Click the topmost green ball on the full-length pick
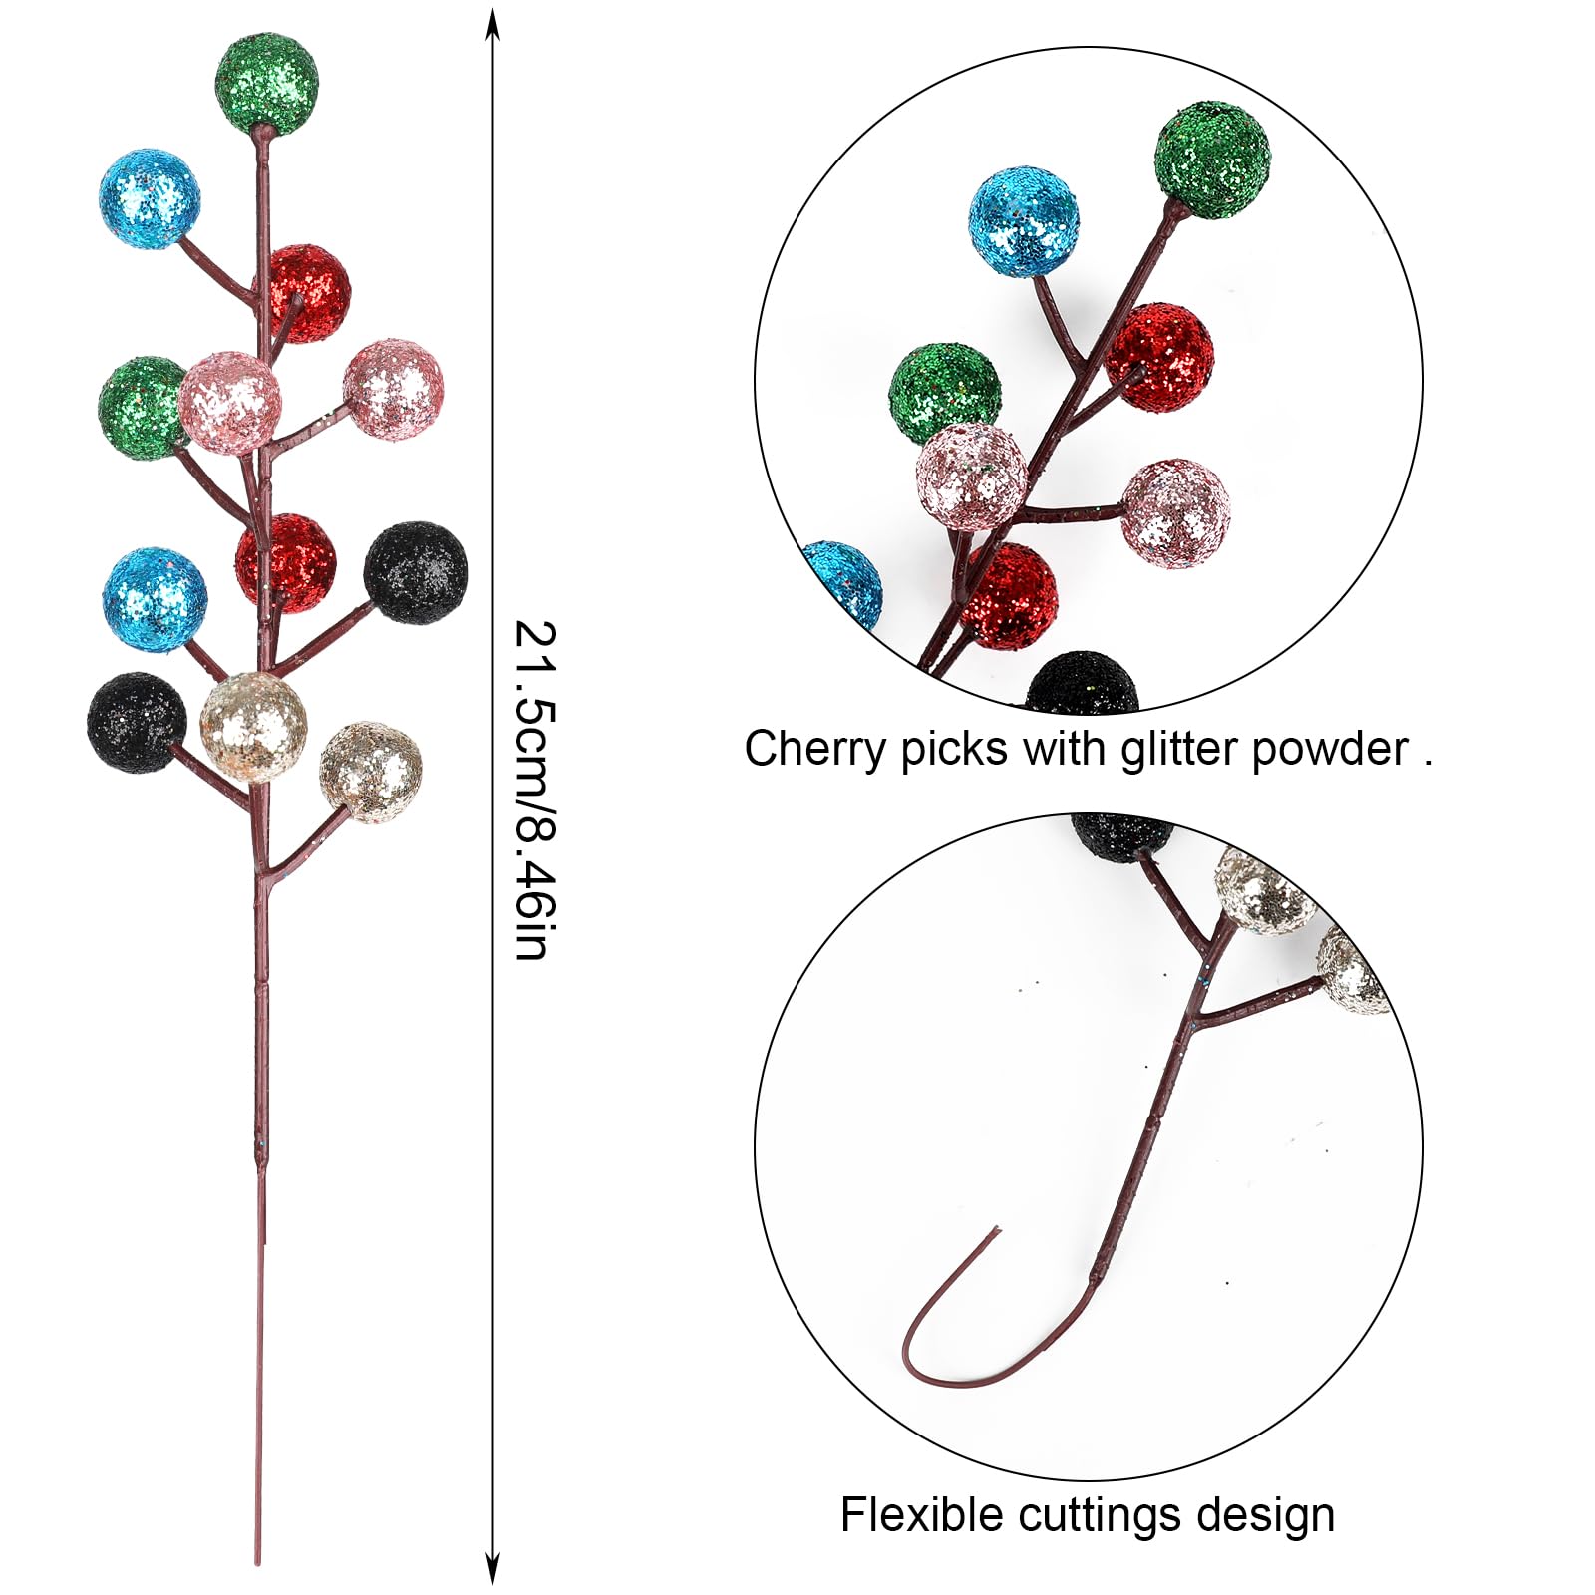[266, 84]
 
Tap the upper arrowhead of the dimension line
[492, 22]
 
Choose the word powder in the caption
[1330, 750]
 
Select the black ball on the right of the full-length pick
[415, 572]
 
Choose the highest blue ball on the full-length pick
[150, 198]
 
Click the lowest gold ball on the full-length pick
[371, 772]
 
